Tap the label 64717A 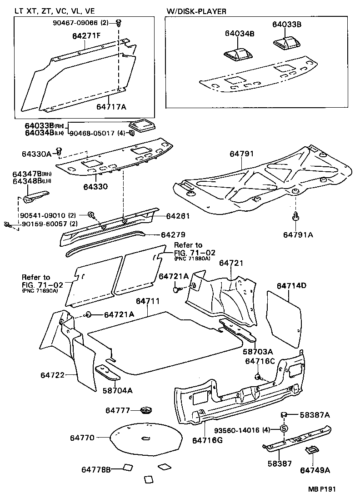[111, 107]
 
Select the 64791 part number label [241, 154]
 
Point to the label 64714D [291, 286]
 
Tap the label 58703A [257, 351]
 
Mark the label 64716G [207, 440]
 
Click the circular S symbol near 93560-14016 [284, 428]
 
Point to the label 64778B [96, 469]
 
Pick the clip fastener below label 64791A [295, 216]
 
